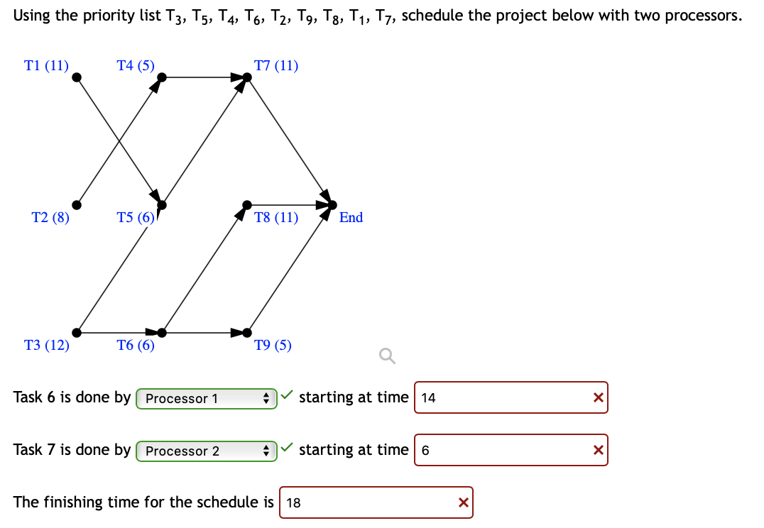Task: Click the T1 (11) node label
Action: [46, 66]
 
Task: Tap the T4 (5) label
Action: [135, 66]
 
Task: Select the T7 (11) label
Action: [276, 66]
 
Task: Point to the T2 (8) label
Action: [50, 218]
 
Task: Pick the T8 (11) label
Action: [276, 218]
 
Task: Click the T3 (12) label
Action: [46, 346]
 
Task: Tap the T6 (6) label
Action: [136, 346]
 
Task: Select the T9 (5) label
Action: [273, 346]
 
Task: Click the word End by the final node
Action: [351, 218]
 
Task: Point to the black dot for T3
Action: [77, 332]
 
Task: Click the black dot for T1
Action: [77, 77]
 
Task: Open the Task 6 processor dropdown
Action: [206, 398]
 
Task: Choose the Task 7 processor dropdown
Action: [206, 451]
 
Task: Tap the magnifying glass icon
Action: [386, 356]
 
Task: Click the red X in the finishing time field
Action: [463, 502]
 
